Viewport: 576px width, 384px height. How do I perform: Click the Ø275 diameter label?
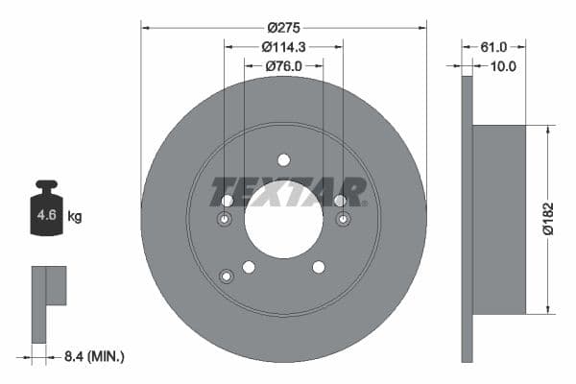click(x=283, y=28)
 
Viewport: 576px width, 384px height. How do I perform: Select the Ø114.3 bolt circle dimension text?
click(x=283, y=47)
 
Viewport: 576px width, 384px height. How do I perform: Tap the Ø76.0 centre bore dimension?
click(x=283, y=66)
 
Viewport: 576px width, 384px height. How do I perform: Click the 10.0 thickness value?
click(x=503, y=66)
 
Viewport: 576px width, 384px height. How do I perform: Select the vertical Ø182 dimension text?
click(x=562, y=218)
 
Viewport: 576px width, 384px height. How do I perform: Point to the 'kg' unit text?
click(x=75, y=216)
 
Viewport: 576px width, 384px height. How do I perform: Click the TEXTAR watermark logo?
click(x=288, y=192)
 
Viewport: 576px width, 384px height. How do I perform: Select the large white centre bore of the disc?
click(x=283, y=219)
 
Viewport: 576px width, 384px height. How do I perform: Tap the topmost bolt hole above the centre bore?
click(x=283, y=160)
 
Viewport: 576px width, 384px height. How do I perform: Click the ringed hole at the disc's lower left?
click(x=227, y=276)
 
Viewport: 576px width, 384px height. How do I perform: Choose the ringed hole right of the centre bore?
click(x=343, y=220)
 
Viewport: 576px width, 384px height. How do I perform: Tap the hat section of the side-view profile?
click(x=499, y=219)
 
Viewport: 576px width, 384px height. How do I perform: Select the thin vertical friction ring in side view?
click(x=468, y=219)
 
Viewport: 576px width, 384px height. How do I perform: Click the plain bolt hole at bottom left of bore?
click(x=249, y=267)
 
